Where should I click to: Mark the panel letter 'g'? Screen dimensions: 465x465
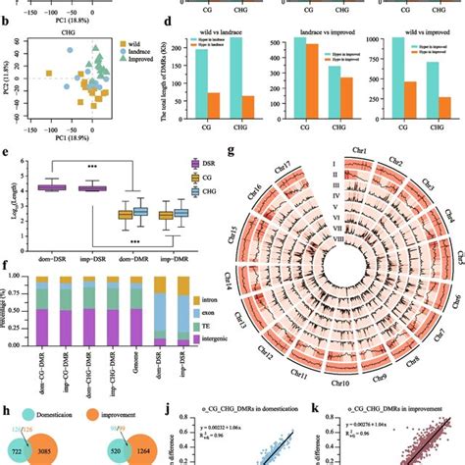click(x=229, y=152)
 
